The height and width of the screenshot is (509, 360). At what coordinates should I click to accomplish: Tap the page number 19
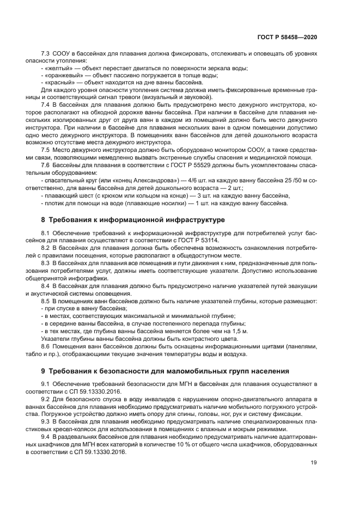[x=313, y=463]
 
